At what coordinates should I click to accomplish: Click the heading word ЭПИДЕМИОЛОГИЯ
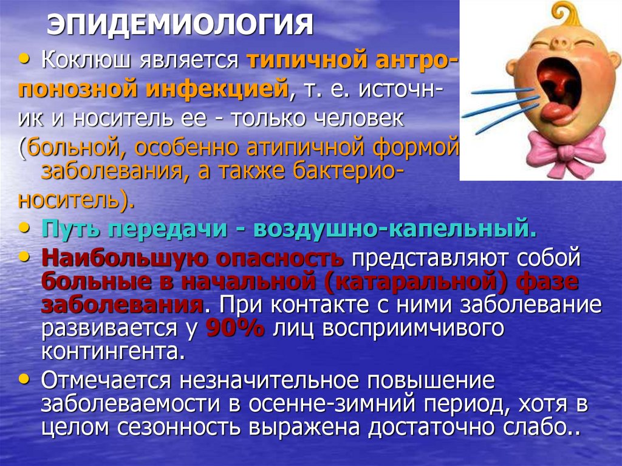[x=180, y=25]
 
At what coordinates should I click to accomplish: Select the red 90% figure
[x=236, y=328]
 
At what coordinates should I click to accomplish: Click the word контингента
[x=113, y=352]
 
